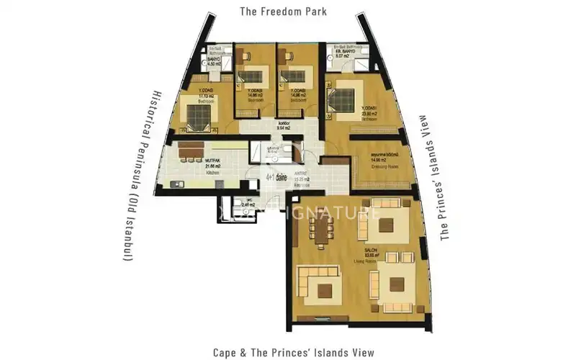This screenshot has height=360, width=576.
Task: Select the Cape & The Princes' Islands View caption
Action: click(x=293, y=352)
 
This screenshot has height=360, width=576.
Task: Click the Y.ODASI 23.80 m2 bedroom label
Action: click(x=372, y=112)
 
